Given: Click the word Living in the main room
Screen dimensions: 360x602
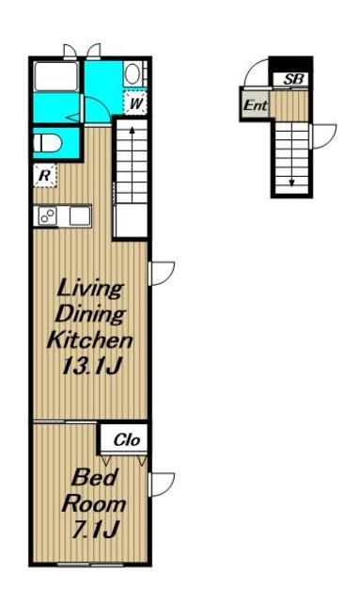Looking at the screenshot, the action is pos(90,289).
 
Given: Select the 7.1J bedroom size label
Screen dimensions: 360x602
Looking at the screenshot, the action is pos(94,530).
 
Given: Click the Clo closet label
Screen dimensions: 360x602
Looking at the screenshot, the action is pos(127,440).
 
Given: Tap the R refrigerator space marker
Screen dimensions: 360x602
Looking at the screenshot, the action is pos(45,176).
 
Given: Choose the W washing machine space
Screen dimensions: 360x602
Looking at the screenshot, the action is pos(135,103).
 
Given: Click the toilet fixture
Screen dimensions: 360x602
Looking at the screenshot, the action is pos(48,143).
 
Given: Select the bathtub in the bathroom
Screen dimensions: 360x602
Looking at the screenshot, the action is pos(56,76).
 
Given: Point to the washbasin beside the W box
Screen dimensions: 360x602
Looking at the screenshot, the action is pos(133,74).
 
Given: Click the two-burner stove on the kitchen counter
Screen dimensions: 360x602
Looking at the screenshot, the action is pos(47,216).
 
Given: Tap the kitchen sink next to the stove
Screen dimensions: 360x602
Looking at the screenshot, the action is pos(80,215).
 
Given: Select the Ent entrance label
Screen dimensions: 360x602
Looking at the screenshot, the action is pos(256,104).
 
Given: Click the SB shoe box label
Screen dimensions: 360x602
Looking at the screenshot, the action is pos(293,79).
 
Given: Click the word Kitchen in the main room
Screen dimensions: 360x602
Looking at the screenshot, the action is pos(89,340).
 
